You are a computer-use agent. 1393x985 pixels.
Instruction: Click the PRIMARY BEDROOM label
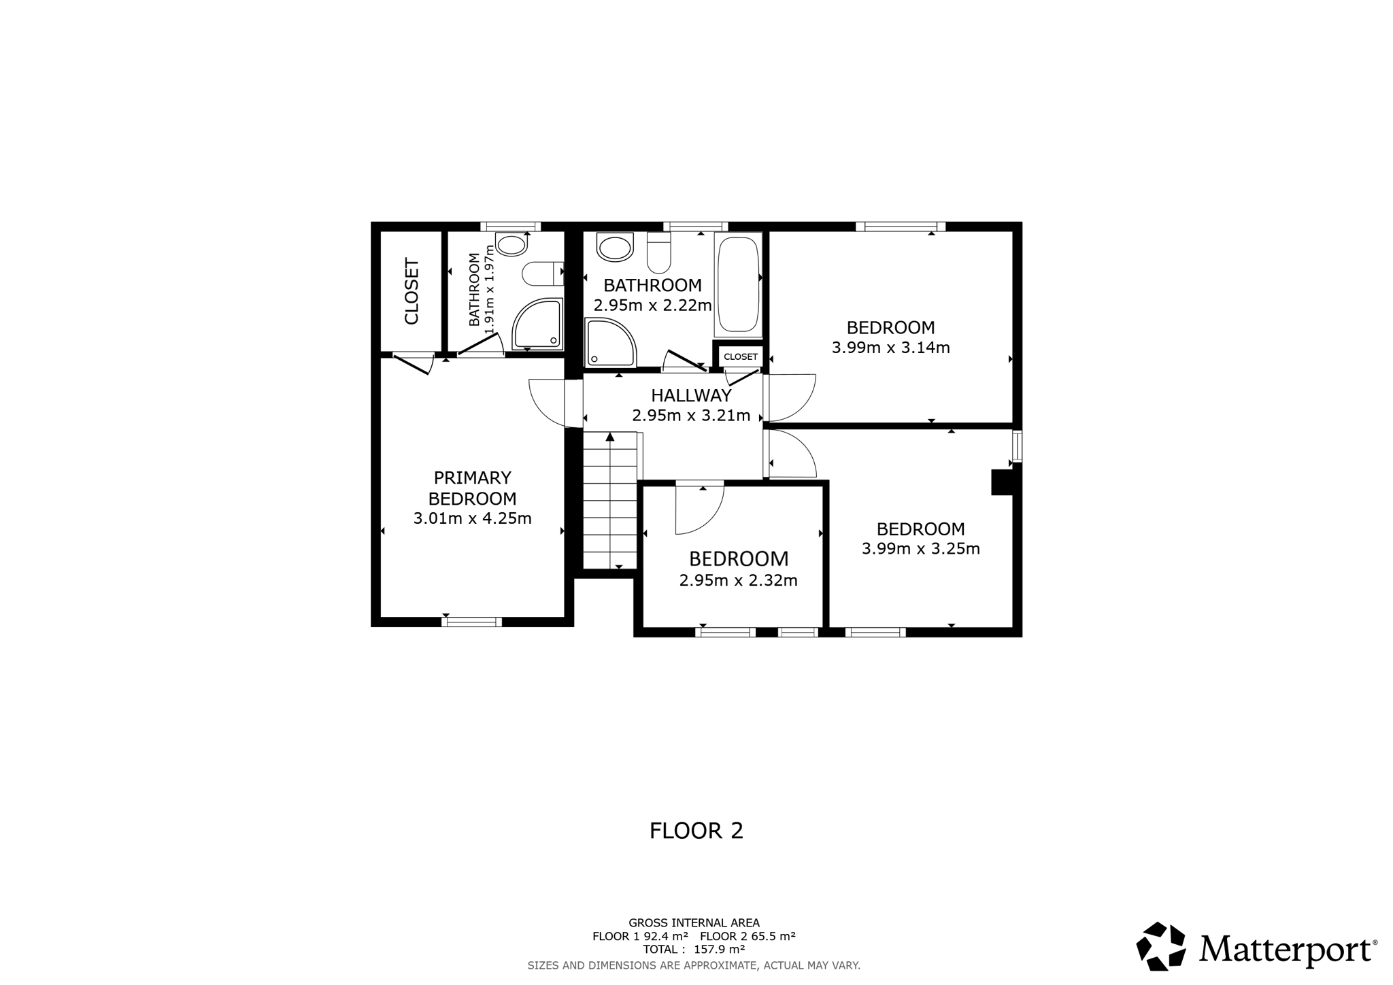coord(473,488)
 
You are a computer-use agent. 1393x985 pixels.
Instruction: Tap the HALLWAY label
coord(691,395)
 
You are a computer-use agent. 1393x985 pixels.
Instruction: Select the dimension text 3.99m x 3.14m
coord(890,348)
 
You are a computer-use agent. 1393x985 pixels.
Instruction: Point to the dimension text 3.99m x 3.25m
coord(920,549)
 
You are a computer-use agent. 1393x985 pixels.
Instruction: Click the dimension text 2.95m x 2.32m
coord(738,581)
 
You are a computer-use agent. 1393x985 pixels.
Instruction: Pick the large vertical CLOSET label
coord(412,291)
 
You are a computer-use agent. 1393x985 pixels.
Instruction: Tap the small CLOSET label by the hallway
coord(741,357)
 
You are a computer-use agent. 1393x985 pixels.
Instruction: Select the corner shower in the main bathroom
coord(611,343)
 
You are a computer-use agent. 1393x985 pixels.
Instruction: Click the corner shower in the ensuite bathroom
coord(537,324)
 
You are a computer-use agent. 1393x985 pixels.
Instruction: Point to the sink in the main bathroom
coord(615,248)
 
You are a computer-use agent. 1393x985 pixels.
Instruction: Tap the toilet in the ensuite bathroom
coord(543,274)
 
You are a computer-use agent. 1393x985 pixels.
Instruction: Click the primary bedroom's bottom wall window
coord(471,622)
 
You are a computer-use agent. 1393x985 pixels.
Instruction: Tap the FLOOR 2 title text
coord(696,831)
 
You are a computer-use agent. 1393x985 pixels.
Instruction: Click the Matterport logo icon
coord(1161,946)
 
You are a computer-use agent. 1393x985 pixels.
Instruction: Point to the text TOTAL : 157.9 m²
coord(694,950)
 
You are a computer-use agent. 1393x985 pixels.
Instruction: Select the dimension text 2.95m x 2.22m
coord(652,305)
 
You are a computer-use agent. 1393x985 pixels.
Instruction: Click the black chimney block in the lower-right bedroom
coord(1003,482)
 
